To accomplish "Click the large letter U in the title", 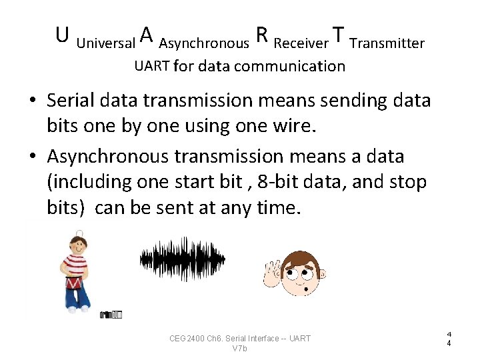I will click(x=63, y=35).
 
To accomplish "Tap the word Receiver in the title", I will click(x=301, y=44).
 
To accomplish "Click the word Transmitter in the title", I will click(x=387, y=44).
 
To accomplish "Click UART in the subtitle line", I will click(x=152, y=66).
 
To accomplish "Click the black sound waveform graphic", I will click(x=182, y=259).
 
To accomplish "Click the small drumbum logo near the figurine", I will click(x=111, y=314).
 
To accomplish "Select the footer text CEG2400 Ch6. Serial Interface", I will click(x=239, y=339).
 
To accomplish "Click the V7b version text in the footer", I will click(x=239, y=349).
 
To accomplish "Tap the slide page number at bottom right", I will click(x=449, y=338).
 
